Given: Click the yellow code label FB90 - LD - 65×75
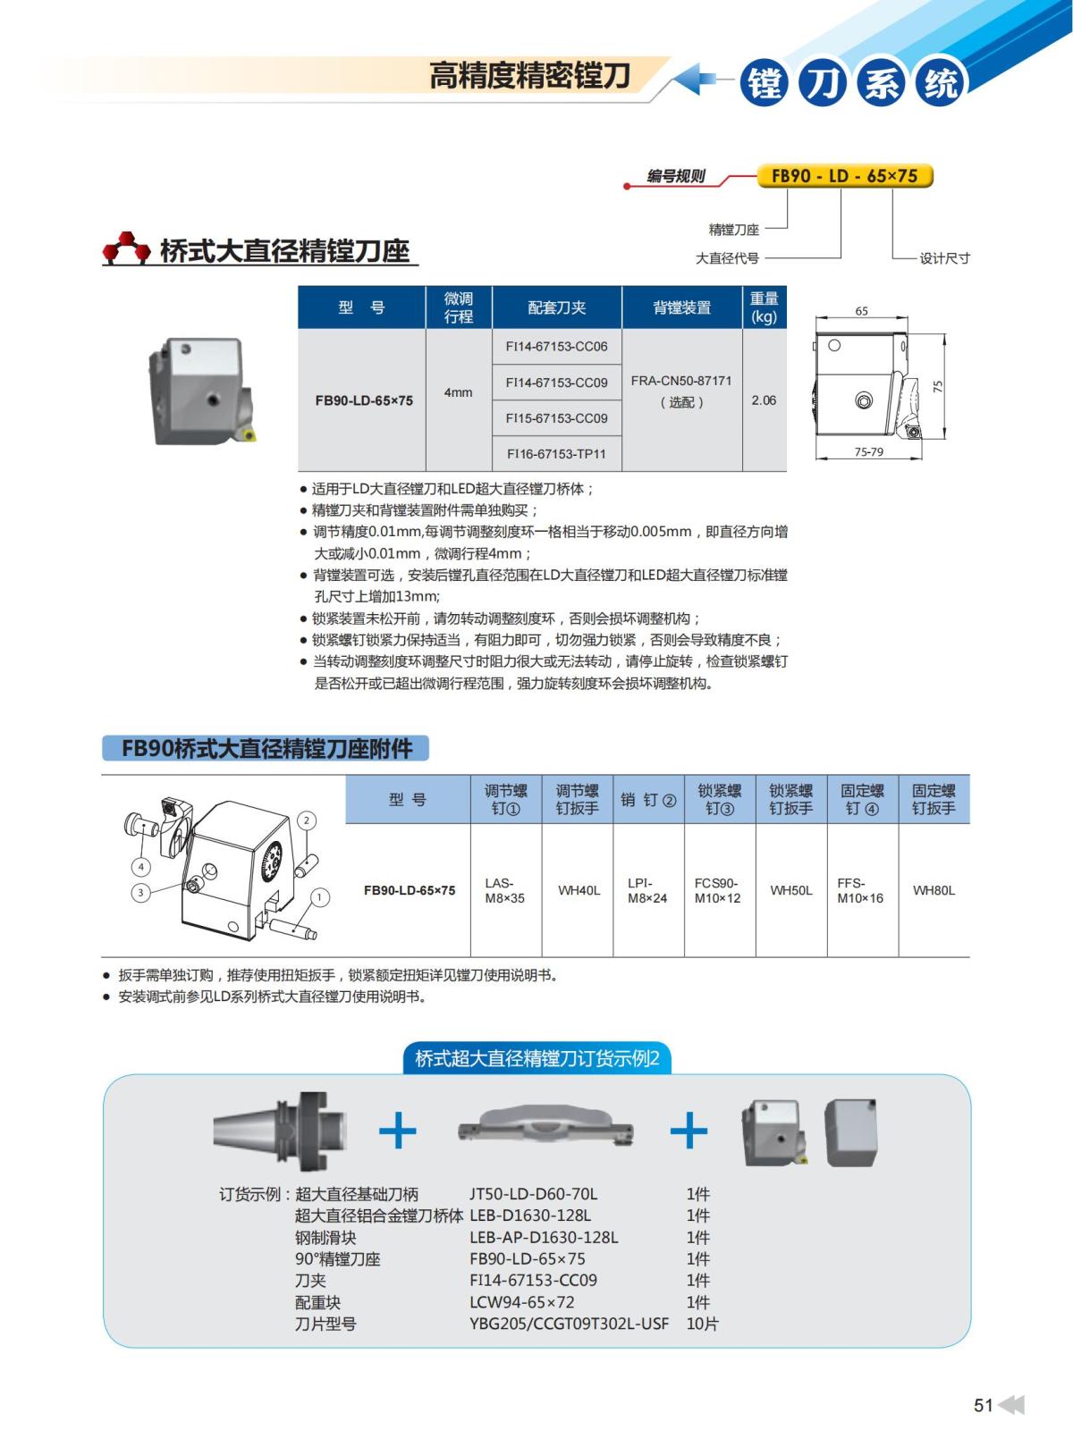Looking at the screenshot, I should pyautogui.click(x=844, y=176).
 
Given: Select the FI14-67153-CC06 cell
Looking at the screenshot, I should pyautogui.click(x=556, y=347).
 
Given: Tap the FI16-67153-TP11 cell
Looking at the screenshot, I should pyautogui.click(x=556, y=454).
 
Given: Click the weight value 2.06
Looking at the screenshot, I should pyautogui.click(x=764, y=400).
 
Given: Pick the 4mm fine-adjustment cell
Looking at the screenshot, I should pyautogui.click(x=458, y=392).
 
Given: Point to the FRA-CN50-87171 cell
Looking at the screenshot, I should pyautogui.click(x=681, y=391).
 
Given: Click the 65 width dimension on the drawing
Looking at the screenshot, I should pyautogui.click(x=861, y=311).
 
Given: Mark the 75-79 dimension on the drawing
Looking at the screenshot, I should pyautogui.click(x=868, y=452).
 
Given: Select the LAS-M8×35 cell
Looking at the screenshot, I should pyautogui.click(x=505, y=890).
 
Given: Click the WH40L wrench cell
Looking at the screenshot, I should pyautogui.click(x=579, y=890).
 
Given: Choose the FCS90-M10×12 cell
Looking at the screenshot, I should pyautogui.click(x=717, y=890).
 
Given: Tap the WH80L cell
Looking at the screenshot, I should pyautogui.click(x=934, y=890).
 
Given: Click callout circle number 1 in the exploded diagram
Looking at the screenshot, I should pyautogui.click(x=319, y=896).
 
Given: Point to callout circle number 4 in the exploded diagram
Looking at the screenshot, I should pyautogui.click(x=141, y=866).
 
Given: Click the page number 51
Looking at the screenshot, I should pyautogui.click(x=983, y=1405).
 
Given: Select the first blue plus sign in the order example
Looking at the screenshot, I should pyautogui.click(x=398, y=1132).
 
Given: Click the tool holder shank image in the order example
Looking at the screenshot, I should pyautogui.click(x=280, y=1131).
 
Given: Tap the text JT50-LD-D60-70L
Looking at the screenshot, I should pyautogui.click(x=533, y=1194).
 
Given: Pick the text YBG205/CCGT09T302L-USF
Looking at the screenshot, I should pyautogui.click(x=569, y=1324).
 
